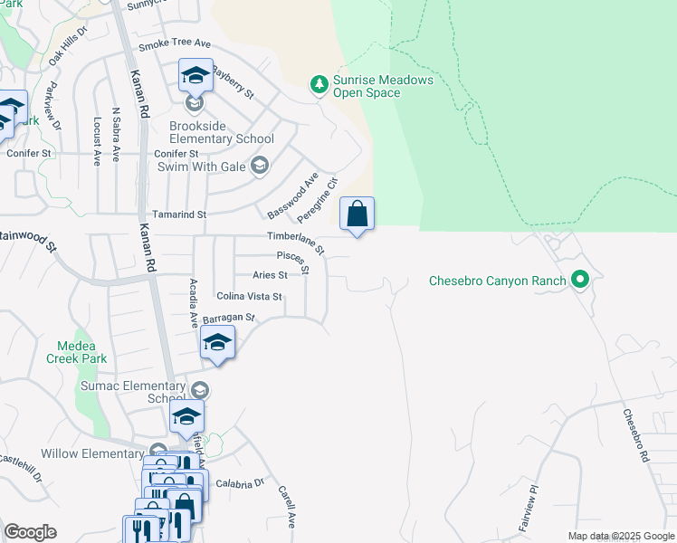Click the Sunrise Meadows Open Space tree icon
(x=319, y=85)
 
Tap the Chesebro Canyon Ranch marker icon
(x=581, y=280)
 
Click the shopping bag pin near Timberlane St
(x=357, y=215)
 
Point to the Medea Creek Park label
(x=81, y=352)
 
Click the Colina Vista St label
(x=249, y=296)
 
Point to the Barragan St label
(x=230, y=319)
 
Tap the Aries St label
(x=270, y=274)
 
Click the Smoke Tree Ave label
(x=174, y=44)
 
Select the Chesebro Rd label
(x=636, y=436)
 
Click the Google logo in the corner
(x=30, y=532)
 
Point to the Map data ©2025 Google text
(x=621, y=536)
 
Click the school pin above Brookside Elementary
(x=195, y=77)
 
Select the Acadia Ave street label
(x=193, y=303)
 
